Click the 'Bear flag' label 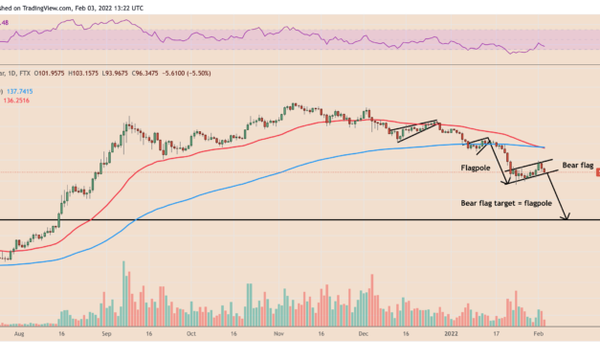pos(578,166)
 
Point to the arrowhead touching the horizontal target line pos(567,217)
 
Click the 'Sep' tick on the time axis pos(107,336)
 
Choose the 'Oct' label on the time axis pos(191,336)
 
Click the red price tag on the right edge pos(596,172)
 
